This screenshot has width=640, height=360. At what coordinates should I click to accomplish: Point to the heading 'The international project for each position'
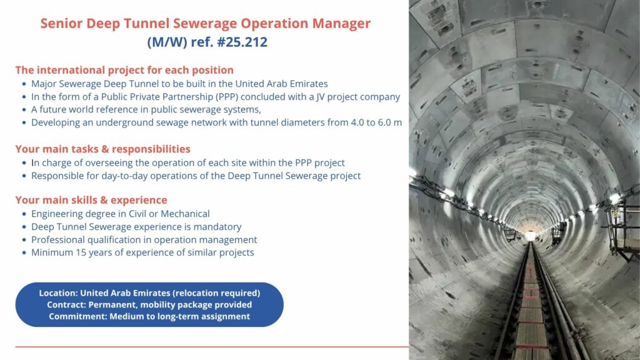(124, 70)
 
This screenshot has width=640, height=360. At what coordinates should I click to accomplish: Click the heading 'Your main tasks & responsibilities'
(103, 149)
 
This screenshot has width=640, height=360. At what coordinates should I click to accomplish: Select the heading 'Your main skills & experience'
(91, 200)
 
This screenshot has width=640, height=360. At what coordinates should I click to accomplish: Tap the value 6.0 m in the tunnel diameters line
(387, 122)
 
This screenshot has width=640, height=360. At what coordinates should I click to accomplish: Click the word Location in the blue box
(58, 292)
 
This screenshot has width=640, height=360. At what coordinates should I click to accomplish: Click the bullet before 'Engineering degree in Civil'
(24, 214)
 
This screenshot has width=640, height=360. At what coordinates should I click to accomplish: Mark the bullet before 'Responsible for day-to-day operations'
(24, 176)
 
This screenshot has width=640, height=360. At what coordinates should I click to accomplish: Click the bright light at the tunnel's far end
(531, 236)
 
